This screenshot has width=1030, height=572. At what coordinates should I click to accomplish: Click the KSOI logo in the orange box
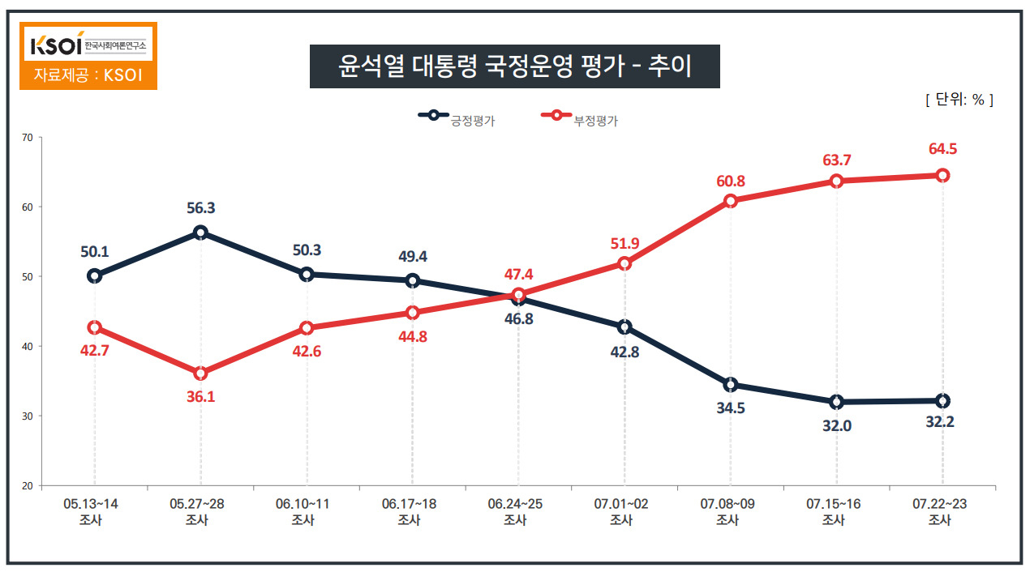[88, 45]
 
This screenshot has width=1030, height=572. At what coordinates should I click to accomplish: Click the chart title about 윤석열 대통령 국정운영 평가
[514, 66]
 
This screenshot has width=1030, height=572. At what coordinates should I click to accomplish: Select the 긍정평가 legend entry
[457, 118]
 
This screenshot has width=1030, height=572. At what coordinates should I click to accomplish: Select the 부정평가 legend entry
[580, 118]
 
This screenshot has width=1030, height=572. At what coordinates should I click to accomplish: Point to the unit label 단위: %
[959, 100]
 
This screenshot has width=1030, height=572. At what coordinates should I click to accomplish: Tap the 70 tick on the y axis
[28, 138]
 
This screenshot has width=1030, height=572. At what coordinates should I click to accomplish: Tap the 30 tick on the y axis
[28, 416]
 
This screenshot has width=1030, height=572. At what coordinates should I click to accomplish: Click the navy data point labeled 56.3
[200, 233]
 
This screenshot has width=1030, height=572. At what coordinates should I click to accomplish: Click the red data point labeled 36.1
[200, 374]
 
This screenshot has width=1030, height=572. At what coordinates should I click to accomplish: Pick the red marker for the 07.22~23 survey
[942, 176]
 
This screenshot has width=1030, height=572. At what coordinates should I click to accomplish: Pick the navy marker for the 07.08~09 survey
[731, 385]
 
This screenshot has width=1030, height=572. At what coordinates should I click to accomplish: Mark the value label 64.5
[942, 149]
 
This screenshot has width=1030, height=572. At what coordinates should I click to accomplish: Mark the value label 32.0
[837, 426]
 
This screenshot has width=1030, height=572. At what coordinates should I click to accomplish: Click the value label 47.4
[519, 275]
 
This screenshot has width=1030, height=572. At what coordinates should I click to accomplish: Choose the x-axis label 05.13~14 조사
[91, 512]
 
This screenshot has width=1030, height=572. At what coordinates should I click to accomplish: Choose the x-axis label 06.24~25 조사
[515, 512]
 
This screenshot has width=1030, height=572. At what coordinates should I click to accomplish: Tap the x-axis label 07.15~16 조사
[833, 512]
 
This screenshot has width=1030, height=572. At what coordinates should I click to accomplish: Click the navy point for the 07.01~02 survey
[624, 327]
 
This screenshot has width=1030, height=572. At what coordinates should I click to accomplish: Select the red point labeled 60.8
[731, 201]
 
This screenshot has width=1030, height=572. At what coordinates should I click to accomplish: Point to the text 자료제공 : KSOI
[88, 75]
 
